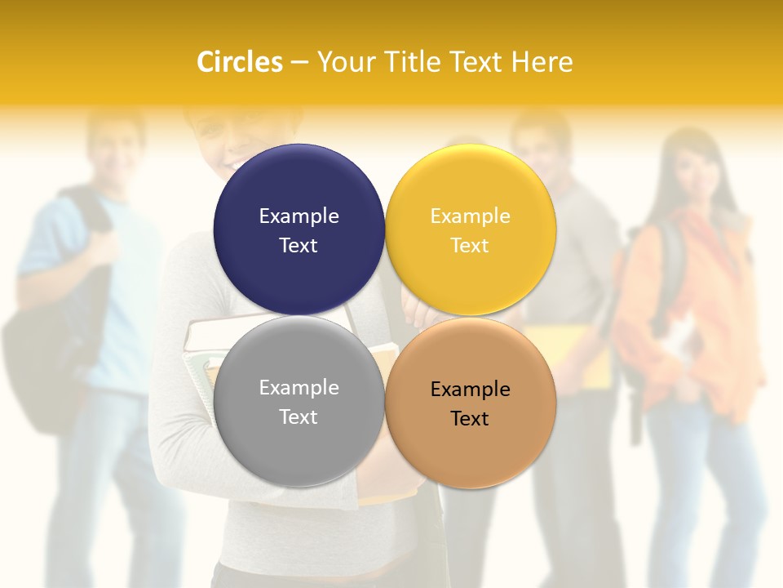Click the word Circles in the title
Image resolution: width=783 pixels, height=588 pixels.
[240, 62]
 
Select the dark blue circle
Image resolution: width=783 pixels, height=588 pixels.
[299, 188]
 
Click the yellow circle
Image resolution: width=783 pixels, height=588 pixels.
[471, 188]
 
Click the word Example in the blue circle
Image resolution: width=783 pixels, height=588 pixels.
[299, 216]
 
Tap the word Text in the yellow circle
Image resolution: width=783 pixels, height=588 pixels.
[470, 246]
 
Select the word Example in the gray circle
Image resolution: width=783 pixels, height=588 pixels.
[299, 388]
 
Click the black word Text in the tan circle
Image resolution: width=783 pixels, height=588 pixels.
[470, 419]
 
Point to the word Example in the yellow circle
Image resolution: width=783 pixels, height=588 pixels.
[470, 216]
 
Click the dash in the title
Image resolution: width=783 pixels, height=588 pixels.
[299, 62]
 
